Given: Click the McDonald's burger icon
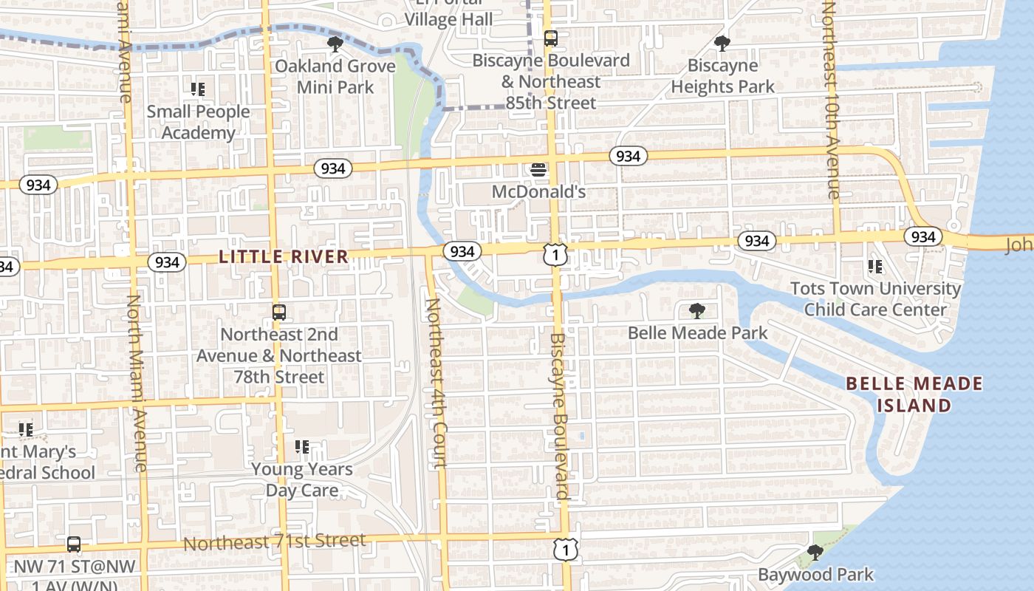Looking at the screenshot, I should point(538,170).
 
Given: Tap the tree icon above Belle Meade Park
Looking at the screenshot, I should point(696,311).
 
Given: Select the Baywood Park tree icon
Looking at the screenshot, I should point(815,553).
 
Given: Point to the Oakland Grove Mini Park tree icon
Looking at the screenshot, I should point(335,44).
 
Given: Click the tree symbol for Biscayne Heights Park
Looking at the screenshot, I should point(722,44).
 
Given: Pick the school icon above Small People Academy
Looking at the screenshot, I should point(197,89).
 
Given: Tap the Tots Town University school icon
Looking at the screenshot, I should point(875,267).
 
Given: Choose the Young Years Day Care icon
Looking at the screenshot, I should point(301,447).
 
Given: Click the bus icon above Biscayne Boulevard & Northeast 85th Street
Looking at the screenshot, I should point(550,38).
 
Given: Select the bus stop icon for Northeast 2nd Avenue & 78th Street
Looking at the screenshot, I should point(278,312).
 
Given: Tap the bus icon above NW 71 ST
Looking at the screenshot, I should point(73,544).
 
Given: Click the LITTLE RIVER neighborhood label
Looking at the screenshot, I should point(284,257).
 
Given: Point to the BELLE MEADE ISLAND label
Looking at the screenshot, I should point(914,394).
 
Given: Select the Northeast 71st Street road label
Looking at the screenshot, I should point(274,542).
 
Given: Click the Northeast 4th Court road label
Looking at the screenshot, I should point(436,383).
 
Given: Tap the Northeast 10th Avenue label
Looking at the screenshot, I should point(830,100).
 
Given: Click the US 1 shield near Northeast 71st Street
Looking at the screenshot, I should point(565,549).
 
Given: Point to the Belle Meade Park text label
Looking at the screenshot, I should point(698,333).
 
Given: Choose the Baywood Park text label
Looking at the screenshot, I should point(815,575).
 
